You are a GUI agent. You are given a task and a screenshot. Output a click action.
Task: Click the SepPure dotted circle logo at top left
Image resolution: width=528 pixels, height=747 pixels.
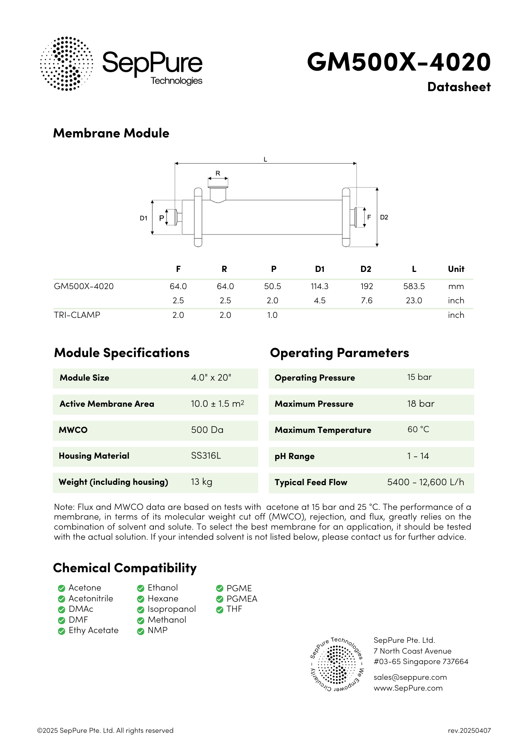tap(66, 63)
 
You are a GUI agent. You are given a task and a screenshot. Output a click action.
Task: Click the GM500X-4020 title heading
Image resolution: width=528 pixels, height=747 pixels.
tap(398, 62)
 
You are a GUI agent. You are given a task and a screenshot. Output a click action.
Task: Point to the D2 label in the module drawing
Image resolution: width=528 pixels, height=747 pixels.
tap(384, 217)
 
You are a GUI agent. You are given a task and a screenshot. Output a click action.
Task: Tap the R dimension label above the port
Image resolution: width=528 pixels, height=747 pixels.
tap(218, 173)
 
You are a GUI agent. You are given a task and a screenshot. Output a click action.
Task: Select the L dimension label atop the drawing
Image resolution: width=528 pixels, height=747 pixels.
tap(265, 159)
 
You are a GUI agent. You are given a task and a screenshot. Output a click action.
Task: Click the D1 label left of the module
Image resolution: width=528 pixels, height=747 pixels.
tap(143, 218)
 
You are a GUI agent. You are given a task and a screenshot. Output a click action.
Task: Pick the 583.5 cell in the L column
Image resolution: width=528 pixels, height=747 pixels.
tap(414, 286)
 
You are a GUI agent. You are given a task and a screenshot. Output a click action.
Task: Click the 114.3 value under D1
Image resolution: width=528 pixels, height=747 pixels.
tap(319, 286)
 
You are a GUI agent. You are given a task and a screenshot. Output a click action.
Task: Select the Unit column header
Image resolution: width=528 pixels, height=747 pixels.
tap(456, 269)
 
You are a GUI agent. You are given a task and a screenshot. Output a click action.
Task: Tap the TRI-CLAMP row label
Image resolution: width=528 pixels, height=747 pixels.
tap(77, 315)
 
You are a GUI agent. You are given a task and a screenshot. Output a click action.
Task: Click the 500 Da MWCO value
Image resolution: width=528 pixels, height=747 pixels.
tap(207, 430)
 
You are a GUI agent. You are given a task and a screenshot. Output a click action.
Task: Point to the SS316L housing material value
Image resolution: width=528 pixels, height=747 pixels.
tap(206, 456)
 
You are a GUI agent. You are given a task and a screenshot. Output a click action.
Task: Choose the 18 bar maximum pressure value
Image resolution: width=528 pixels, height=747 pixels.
tap(421, 404)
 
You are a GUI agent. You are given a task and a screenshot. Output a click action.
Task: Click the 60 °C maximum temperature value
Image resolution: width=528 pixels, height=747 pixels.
tap(418, 430)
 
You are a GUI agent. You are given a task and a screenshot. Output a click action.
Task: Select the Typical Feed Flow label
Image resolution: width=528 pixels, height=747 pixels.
tap(311, 482)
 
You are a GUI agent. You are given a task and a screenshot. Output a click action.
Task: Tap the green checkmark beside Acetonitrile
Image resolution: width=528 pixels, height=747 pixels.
tap(62, 599)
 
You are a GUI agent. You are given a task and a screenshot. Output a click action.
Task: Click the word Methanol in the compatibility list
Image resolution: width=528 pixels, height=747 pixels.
tap(167, 620)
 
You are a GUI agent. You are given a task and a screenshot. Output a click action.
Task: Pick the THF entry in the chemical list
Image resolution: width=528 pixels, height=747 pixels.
tap(234, 609)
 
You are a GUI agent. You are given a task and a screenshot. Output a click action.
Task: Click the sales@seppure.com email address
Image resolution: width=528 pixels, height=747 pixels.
tap(410, 677)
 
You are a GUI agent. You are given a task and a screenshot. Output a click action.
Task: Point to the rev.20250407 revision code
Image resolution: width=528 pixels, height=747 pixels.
tap(469, 731)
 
